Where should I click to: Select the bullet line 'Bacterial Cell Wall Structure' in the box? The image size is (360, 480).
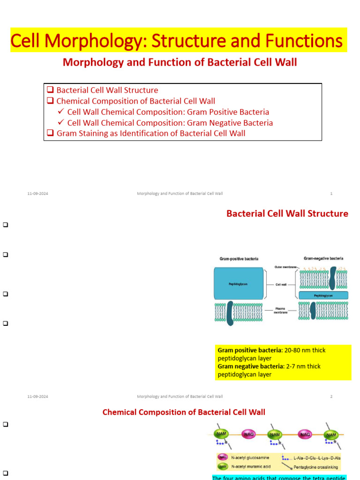107,90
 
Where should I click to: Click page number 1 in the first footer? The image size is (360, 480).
331,194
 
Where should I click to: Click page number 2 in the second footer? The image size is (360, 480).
331,397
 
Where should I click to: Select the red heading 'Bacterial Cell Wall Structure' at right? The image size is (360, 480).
287,214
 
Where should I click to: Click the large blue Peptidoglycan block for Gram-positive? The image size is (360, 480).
238,284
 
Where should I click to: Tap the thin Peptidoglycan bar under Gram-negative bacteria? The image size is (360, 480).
323,295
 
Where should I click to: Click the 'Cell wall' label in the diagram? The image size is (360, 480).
281,284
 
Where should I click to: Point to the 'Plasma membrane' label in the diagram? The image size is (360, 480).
281,310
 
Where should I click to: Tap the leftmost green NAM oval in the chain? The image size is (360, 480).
220,435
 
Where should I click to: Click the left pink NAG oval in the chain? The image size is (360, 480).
248,435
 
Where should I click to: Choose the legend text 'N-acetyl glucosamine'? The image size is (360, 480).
251,457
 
